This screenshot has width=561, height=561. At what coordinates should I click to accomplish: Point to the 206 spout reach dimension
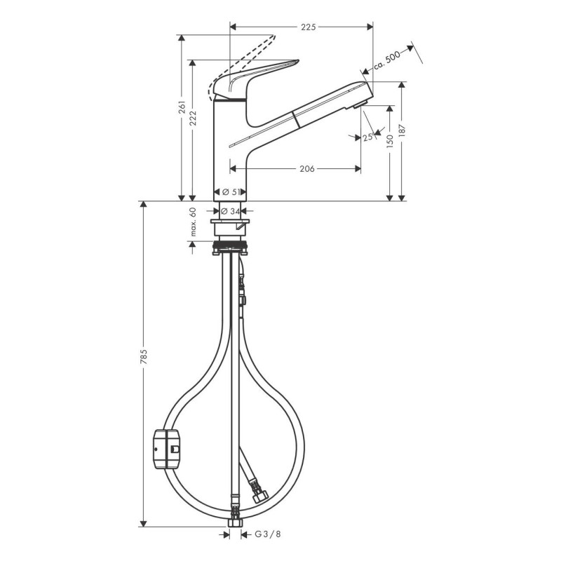pyautogui.click(x=306, y=169)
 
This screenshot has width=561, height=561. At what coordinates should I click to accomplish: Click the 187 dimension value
pyautogui.click(x=402, y=133)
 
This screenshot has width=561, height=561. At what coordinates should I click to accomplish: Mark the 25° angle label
pyautogui.click(x=367, y=137)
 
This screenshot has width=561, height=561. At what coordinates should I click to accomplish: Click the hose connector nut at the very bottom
pyautogui.click(x=234, y=522)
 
